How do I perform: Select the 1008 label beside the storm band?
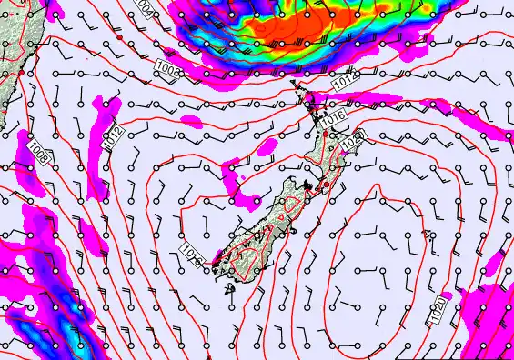pyautogui.click(x=169, y=68)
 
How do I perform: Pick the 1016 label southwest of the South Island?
pyautogui.click(x=193, y=254)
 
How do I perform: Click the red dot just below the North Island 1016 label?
pyautogui.click(x=326, y=135)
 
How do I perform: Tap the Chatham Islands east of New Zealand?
pyautogui.click(x=427, y=235)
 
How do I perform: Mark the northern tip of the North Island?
pyautogui.click(x=294, y=84)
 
